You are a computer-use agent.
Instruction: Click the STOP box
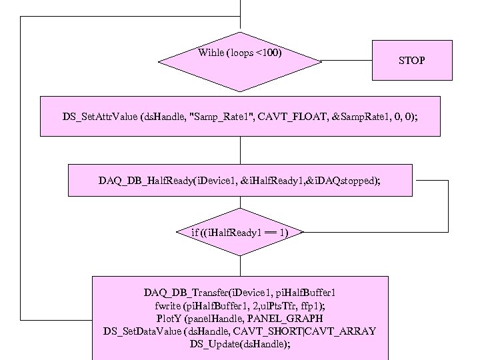(411, 60)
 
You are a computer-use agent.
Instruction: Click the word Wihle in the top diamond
(211, 52)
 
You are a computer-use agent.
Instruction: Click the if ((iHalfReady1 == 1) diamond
(239, 233)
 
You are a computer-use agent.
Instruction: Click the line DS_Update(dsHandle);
(240, 344)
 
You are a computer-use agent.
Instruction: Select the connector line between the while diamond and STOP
(347, 61)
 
